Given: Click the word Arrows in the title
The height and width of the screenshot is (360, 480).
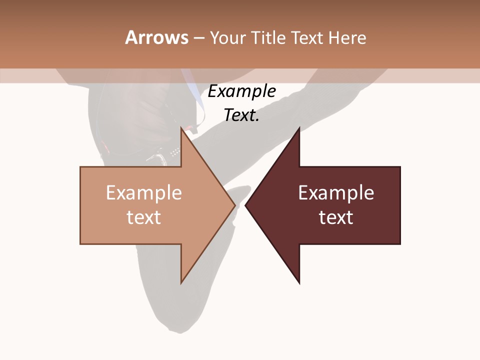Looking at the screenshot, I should point(156,37).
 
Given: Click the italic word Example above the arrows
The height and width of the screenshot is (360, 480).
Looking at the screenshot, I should point(241,91).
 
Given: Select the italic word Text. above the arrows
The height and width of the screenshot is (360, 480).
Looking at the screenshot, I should point(241,115).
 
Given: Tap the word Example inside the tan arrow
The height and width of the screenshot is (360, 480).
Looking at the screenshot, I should point(143,192).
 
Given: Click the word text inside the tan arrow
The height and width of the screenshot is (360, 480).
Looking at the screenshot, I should point(143,217).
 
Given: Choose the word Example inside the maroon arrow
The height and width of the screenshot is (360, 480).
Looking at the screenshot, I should point(336,192).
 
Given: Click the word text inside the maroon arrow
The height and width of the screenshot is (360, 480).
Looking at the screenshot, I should point(336,217).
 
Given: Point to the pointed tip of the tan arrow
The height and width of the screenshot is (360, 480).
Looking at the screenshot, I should point(235,205).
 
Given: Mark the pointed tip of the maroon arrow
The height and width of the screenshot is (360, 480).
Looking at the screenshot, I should point(245,205).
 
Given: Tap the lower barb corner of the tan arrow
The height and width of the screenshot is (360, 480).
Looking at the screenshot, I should point(181,283).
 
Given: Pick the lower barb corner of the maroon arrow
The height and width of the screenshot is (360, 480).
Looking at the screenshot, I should point(299,283).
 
